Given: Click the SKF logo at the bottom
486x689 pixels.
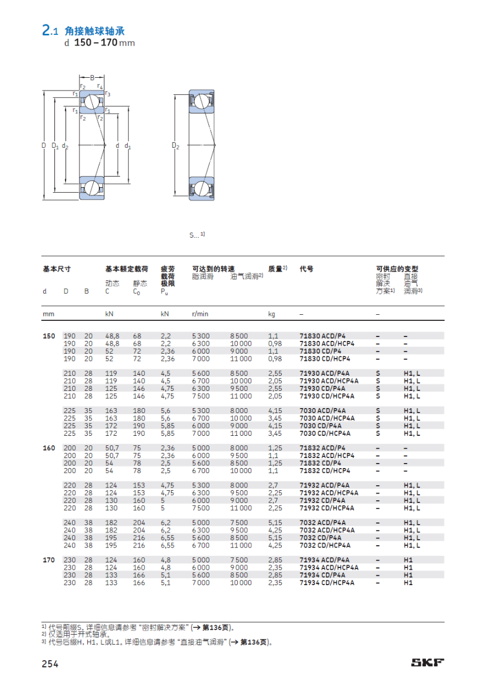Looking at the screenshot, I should coord(427,662).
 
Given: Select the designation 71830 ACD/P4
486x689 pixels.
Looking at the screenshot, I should coord(323,336).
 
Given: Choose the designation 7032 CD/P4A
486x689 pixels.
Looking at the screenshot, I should coord(320,537).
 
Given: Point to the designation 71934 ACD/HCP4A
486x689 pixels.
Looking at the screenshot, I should coord(329,567).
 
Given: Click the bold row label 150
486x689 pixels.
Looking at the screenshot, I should coord(49,336).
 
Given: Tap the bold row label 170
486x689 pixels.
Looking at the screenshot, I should coord(49,560).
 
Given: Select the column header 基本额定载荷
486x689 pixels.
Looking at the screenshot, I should coord(127,269).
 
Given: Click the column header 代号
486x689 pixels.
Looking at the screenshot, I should coord(306,269).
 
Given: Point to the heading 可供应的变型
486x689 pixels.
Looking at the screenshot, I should coord(397,269).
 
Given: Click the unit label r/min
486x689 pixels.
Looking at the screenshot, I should coord(200,314).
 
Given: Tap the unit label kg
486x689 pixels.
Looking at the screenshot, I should coord(272,314).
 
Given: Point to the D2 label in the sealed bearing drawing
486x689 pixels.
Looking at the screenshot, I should coord(176,146).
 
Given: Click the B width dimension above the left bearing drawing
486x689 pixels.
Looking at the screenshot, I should coord(92,78).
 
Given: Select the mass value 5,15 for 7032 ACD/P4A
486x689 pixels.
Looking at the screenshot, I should coord(275,522).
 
